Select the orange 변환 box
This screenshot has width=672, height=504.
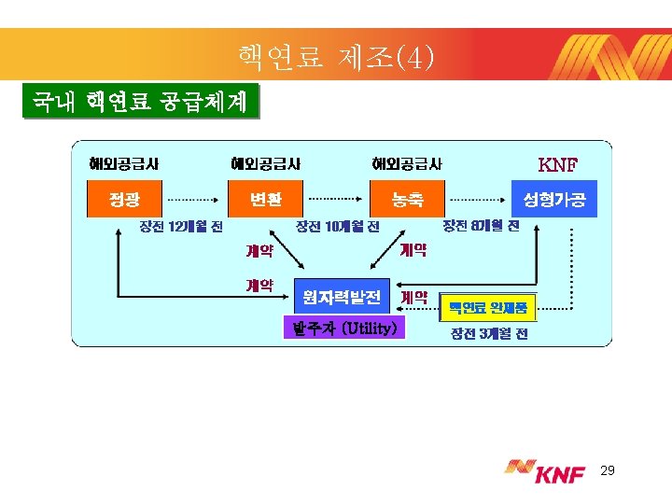click(x=265, y=199)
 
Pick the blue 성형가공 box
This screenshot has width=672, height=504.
click(x=554, y=199)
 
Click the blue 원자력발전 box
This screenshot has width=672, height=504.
click(x=342, y=298)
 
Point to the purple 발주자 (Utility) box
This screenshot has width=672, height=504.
click(x=344, y=328)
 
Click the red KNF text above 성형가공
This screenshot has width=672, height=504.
click(x=558, y=165)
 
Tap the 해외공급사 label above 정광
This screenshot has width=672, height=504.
click(x=124, y=163)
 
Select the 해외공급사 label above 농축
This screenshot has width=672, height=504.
click(x=407, y=163)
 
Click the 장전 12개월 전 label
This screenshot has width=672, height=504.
click(x=181, y=226)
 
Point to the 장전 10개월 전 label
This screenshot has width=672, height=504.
click(x=337, y=226)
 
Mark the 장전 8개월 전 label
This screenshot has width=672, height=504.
click(x=481, y=225)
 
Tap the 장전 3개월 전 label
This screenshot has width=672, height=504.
click(x=489, y=333)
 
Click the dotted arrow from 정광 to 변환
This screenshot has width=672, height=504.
click(x=192, y=199)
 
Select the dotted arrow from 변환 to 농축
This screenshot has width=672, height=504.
click(x=337, y=199)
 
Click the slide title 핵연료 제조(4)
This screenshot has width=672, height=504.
click(x=335, y=58)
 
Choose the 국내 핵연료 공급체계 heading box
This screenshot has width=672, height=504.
click(x=140, y=102)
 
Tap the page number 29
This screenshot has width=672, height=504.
click(x=608, y=472)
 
